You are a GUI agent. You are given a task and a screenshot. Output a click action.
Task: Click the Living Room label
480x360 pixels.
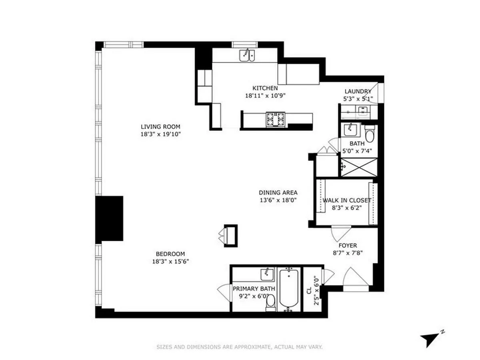click(x=160, y=126)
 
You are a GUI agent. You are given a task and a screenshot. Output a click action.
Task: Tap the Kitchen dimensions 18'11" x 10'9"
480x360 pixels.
click(x=265, y=96)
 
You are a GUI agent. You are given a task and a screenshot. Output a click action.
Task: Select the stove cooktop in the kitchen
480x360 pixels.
click(x=276, y=119)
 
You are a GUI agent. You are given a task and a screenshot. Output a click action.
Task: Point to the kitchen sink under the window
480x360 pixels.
click(x=247, y=56)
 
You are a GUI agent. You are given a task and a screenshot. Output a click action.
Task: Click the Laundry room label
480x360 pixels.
click(x=358, y=91)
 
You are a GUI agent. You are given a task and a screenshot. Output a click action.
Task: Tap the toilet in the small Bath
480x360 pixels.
click(x=370, y=134)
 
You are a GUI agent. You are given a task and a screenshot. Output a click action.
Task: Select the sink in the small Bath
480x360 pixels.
click(x=351, y=130)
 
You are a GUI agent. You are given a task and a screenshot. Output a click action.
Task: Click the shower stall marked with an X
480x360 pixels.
click(x=359, y=168)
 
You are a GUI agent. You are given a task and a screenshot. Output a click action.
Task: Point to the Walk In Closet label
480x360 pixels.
click(x=347, y=200)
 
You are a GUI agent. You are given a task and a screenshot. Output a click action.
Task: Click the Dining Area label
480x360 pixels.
click(x=278, y=192)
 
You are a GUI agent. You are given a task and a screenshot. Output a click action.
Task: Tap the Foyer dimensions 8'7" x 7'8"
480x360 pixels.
click(x=348, y=253)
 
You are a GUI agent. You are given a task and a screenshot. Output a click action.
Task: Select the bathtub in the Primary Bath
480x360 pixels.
click(x=289, y=288)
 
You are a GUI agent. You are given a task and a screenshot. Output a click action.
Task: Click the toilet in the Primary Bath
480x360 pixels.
click(x=271, y=303)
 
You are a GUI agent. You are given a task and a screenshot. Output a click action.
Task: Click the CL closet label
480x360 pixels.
click(x=309, y=290)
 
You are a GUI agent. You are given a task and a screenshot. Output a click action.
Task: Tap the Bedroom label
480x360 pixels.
click(x=170, y=254)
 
